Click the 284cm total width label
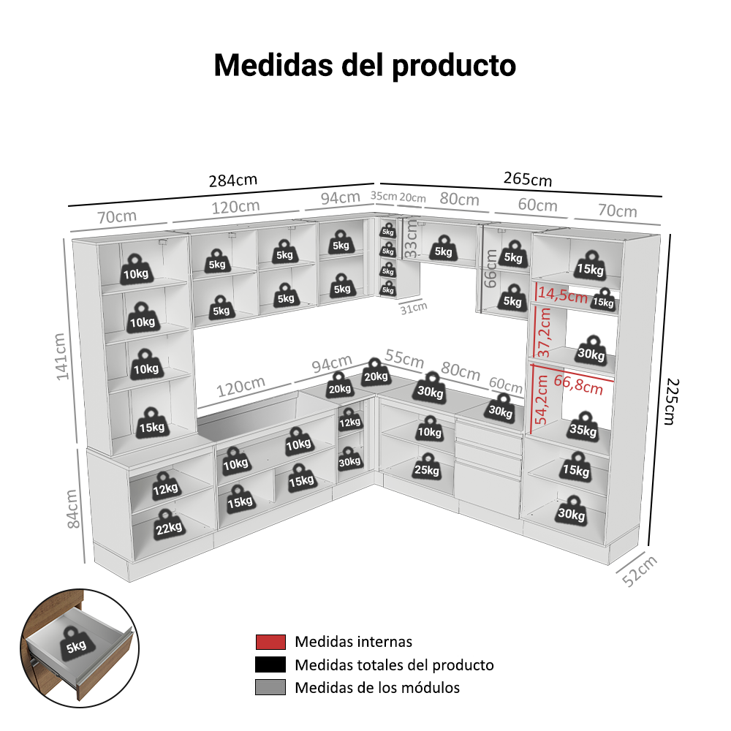(232, 180)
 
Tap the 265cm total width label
(528, 178)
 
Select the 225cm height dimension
(671, 401)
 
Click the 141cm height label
(61, 357)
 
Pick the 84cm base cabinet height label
(72, 509)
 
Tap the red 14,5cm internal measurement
(563, 295)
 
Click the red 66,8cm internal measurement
(578, 385)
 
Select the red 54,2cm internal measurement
(541, 400)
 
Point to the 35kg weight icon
(583, 426)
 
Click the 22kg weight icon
(168, 524)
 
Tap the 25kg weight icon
(427, 466)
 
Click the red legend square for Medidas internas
(270, 642)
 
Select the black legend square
(270, 664)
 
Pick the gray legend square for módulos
(270, 687)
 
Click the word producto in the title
(454, 66)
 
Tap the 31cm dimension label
(414, 308)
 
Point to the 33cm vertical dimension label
(410, 239)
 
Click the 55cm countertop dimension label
(404, 358)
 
